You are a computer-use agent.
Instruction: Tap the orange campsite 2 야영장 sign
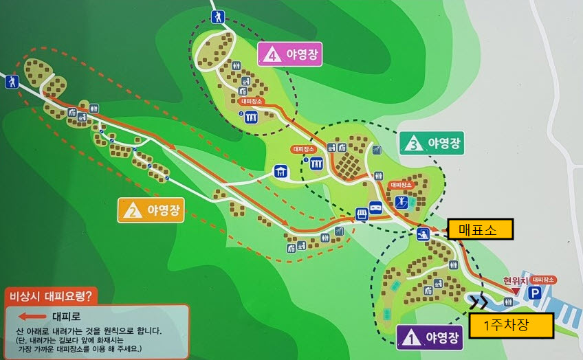point(151,210)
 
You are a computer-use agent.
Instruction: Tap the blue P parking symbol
point(534,293)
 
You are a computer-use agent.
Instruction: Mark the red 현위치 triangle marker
point(514,292)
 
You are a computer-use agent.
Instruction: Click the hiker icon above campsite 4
point(217,16)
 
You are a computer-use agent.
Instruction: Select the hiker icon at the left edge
point(11,82)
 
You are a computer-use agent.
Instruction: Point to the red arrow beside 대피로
point(32,317)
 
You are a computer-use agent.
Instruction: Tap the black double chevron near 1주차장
point(479,302)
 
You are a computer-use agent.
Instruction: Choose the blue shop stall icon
point(362,213)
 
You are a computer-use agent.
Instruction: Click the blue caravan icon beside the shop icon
point(376,207)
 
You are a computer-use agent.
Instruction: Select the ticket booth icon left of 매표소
point(423,234)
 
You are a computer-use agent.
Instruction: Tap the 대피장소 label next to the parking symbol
point(543,280)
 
